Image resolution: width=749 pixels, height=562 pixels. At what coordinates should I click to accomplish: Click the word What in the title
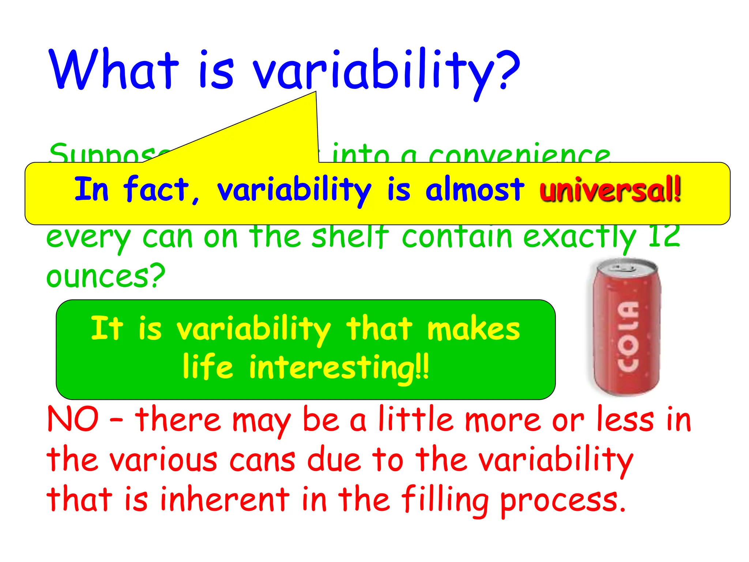click(x=114, y=70)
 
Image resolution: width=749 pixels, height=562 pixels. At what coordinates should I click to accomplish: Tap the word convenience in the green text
click(x=519, y=156)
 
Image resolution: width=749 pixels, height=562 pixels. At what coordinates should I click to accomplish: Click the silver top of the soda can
click(x=626, y=269)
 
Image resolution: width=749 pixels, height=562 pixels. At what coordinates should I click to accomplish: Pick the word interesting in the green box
click(x=331, y=368)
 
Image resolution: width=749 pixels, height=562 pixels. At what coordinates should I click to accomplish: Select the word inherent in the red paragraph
click(x=225, y=499)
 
